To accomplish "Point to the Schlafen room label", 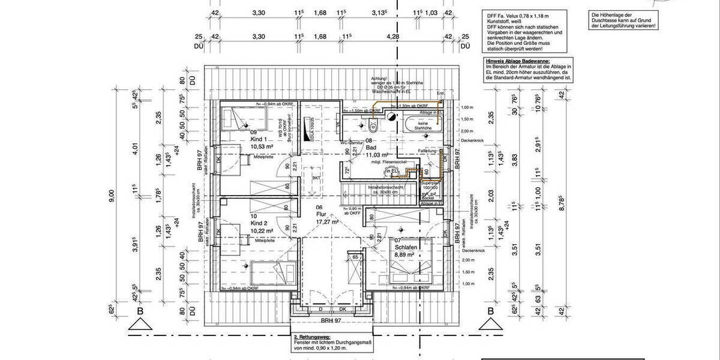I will (x=406, y=247).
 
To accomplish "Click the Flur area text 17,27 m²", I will (x=326, y=221).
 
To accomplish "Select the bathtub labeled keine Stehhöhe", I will (x=424, y=126).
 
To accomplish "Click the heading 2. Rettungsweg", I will (x=308, y=337).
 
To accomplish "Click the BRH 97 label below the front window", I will (x=331, y=321).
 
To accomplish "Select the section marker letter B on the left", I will (x=139, y=311).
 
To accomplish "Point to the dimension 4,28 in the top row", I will (x=393, y=37).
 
